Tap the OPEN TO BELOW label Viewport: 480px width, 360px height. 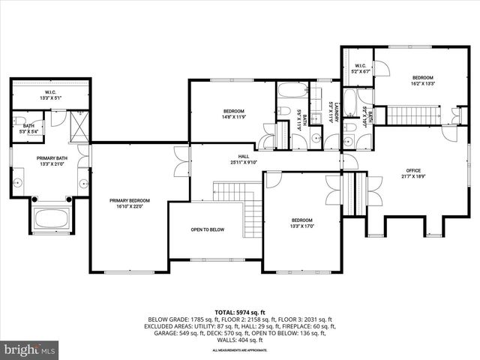207,230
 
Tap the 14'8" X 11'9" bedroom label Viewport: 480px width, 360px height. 233,114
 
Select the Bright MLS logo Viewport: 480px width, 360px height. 30,349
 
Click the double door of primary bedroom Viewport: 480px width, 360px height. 181,158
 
